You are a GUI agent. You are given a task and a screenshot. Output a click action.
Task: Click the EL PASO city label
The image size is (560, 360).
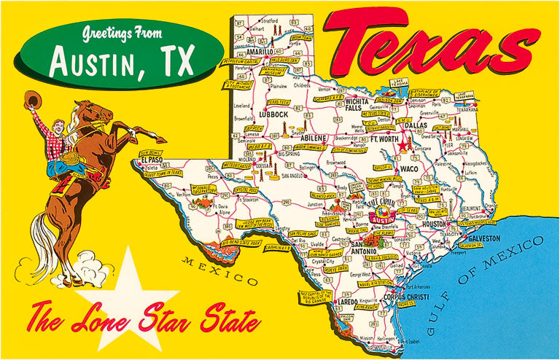pos(152,160)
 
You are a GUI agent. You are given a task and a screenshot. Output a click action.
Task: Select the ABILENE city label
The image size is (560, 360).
pos(315,137)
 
